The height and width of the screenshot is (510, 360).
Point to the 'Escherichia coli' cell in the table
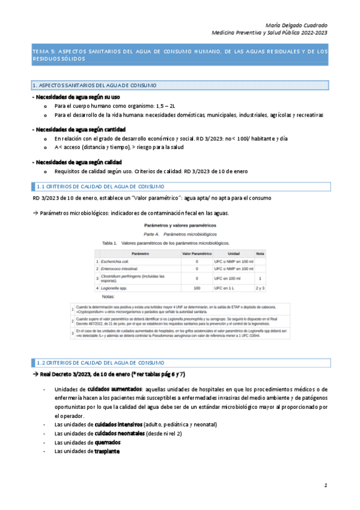click(x=116, y=262)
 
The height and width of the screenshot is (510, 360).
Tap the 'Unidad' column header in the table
click(x=234, y=253)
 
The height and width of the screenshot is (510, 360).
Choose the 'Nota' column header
click(x=260, y=253)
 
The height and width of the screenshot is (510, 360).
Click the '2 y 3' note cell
click(x=260, y=289)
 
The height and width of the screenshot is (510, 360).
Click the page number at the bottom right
click(x=325, y=484)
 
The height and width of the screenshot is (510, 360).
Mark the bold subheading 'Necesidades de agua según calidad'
click(x=77, y=162)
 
